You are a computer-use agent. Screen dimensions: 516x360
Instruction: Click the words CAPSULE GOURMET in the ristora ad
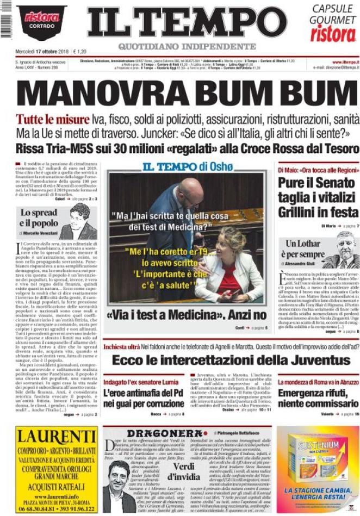(333, 14)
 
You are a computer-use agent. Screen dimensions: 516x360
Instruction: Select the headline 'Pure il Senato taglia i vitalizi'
(317, 190)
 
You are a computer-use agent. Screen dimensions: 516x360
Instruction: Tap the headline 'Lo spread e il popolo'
(39, 217)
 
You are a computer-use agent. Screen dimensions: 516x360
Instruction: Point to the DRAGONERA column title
(157, 433)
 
